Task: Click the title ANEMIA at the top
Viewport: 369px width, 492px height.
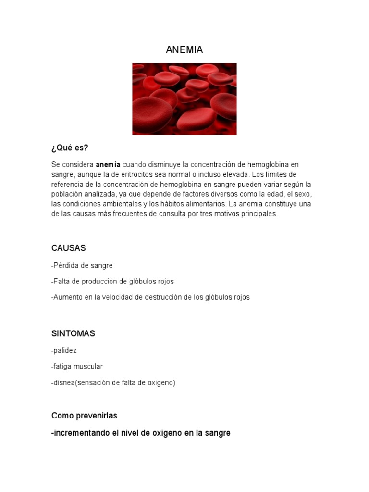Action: (x=184, y=50)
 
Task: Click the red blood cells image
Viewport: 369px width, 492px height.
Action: (x=184, y=99)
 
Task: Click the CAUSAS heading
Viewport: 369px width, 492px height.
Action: (x=69, y=248)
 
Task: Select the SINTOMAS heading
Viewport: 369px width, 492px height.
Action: (x=73, y=333)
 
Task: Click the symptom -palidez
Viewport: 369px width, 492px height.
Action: (x=64, y=351)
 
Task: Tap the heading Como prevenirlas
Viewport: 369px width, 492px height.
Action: (x=84, y=416)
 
